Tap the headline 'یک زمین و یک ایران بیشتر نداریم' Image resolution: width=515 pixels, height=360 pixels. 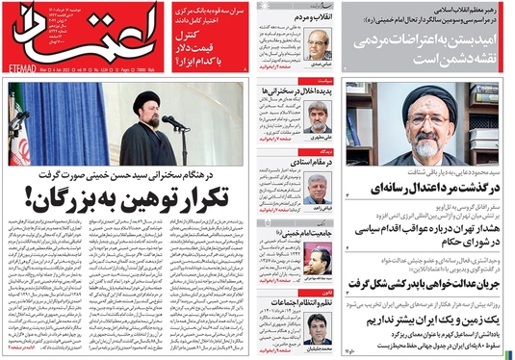click(x=428, y=317)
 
